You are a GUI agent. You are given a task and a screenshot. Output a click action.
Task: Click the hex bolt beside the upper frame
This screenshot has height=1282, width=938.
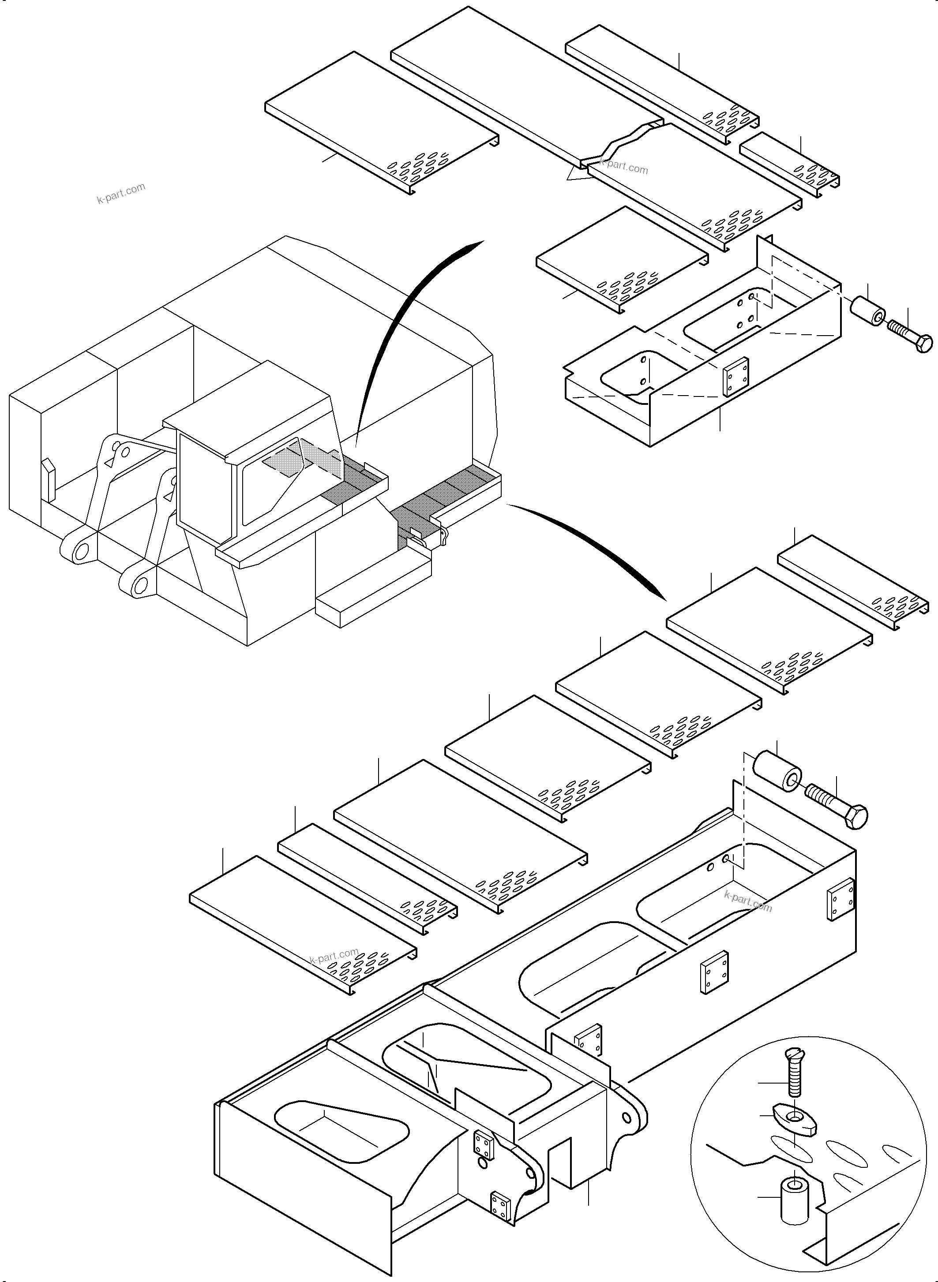pos(912,336)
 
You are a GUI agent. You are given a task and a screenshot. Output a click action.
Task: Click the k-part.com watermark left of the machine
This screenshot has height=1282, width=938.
pos(121,193)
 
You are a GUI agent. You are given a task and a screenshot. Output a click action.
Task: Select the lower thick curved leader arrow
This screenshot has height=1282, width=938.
pos(596,545)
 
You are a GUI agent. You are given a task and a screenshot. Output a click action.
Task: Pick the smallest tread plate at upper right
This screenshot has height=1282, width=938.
pos(789,164)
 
